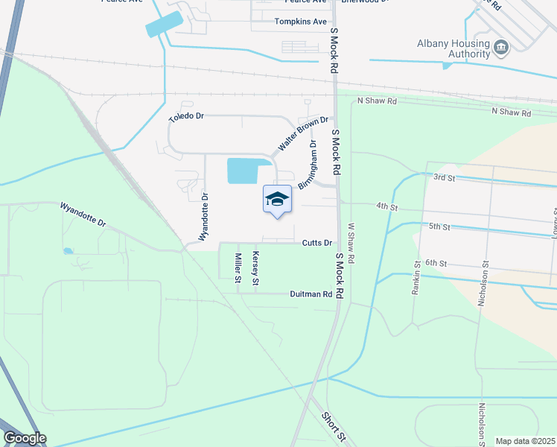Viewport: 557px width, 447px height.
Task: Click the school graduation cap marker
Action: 277,199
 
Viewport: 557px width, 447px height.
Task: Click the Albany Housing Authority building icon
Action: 501,48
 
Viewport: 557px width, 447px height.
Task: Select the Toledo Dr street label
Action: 185,117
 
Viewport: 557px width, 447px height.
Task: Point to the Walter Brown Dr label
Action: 303,133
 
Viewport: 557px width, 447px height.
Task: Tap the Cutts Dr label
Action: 316,243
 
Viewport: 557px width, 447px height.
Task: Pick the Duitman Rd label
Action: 311,294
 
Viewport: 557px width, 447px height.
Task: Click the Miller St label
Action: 238,268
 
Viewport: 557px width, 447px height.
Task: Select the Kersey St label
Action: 255,268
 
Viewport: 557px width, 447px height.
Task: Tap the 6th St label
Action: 436,263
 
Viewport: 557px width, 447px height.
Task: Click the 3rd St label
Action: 444,177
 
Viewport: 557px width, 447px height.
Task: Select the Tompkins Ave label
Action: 301,22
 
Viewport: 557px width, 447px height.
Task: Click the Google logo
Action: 25,438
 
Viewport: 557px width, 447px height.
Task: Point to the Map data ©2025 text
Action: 525,441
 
